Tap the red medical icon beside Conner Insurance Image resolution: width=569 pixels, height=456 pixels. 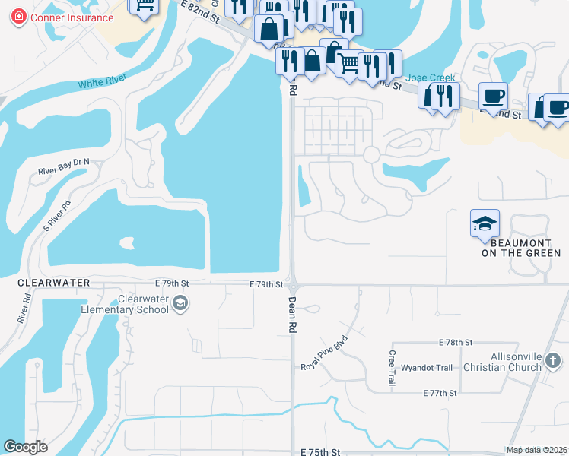tap(17, 17)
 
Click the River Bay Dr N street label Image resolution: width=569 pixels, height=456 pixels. tap(64, 166)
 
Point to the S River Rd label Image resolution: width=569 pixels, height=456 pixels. tap(57, 215)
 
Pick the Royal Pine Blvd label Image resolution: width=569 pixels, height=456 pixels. tap(324, 353)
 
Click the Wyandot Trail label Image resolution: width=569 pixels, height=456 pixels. tap(427, 368)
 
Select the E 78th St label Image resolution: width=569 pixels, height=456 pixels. tap(455, 343)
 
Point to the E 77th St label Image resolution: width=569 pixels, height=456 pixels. tap(440, 393)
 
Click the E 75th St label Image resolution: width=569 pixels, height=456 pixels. tap(319, 452)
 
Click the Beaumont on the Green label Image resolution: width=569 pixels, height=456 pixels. tap(521, 248)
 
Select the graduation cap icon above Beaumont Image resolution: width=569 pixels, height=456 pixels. tap(485, 223)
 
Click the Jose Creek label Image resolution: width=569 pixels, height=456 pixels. tap(431, 78)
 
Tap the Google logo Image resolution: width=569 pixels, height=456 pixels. tap(26, 447)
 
